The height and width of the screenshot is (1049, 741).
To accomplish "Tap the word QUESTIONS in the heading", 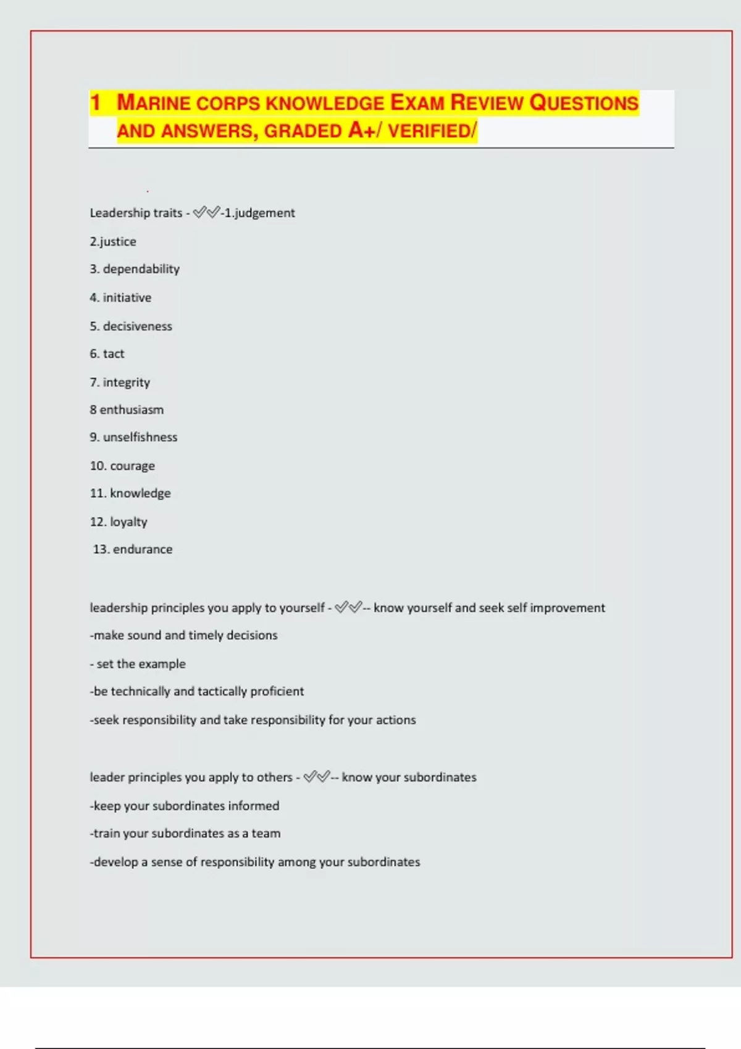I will click(x=584, y=103).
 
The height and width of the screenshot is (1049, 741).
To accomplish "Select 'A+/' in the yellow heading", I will click(x=366, y=131).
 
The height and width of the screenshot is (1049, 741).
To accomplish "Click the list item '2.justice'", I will click(x=113, y=241).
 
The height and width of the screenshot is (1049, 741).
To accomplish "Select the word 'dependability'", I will click(x=141, y=269).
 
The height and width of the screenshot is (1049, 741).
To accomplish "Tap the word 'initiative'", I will click(x=127, y=297).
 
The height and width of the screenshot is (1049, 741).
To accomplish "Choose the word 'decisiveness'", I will click(x=138, y=326).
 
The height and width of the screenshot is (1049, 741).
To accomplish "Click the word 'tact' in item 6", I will click(x=114, y=354).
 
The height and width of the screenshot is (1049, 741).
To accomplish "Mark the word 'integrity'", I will click(x=127, y=383).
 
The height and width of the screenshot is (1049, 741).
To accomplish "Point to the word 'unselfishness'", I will click(x=140, y=437).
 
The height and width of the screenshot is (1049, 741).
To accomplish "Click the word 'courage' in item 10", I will click(x=132, y=466).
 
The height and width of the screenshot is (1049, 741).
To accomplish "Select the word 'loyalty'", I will click(x=128, y=522).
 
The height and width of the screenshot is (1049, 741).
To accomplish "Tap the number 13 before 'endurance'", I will click(x=101, y=549).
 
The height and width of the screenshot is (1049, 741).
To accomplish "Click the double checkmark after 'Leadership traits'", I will click(x=206, y=213).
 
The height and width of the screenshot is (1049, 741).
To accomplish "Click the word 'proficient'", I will click(x=277, y=691).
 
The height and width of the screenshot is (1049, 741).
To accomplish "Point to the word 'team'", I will click(x=266, y=834).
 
